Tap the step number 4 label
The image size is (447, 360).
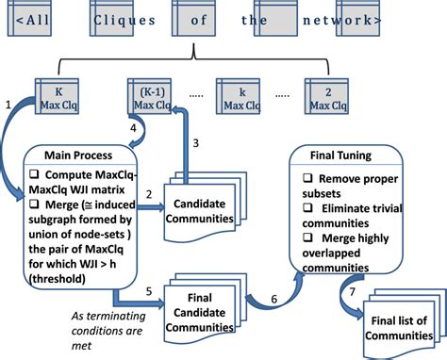(131, 127)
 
